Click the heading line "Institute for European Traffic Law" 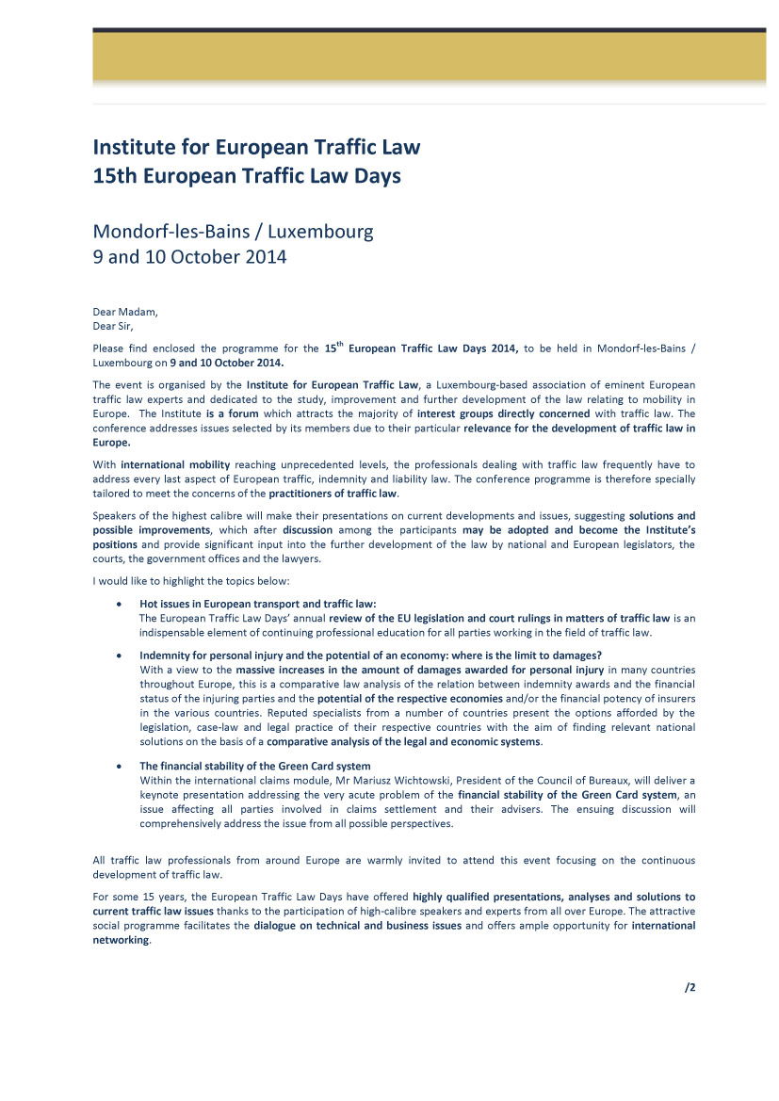(256, 148)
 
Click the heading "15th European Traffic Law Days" (247, 176)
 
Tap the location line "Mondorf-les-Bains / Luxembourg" (233, 231)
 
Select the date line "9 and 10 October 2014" (189, 256)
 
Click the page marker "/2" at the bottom (690, 987)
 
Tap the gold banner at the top (429, 60)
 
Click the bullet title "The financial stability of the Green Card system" (254, 766)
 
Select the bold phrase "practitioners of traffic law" (333, 494)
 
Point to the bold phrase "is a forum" (232, 413)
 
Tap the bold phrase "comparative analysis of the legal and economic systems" (403, 742)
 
